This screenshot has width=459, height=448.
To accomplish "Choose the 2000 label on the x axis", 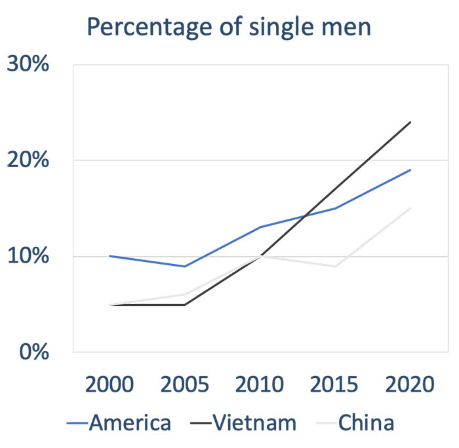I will tap(110, 383).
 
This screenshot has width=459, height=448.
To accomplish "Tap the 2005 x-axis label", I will tap(185, 383).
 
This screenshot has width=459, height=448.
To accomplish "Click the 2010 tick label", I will tap(260, 383).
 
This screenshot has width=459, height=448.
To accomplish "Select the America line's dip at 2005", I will tap(185, 266).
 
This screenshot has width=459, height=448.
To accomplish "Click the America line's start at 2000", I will tap(110, 256).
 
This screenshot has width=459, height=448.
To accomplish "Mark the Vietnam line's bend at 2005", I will tap(185, 305).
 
